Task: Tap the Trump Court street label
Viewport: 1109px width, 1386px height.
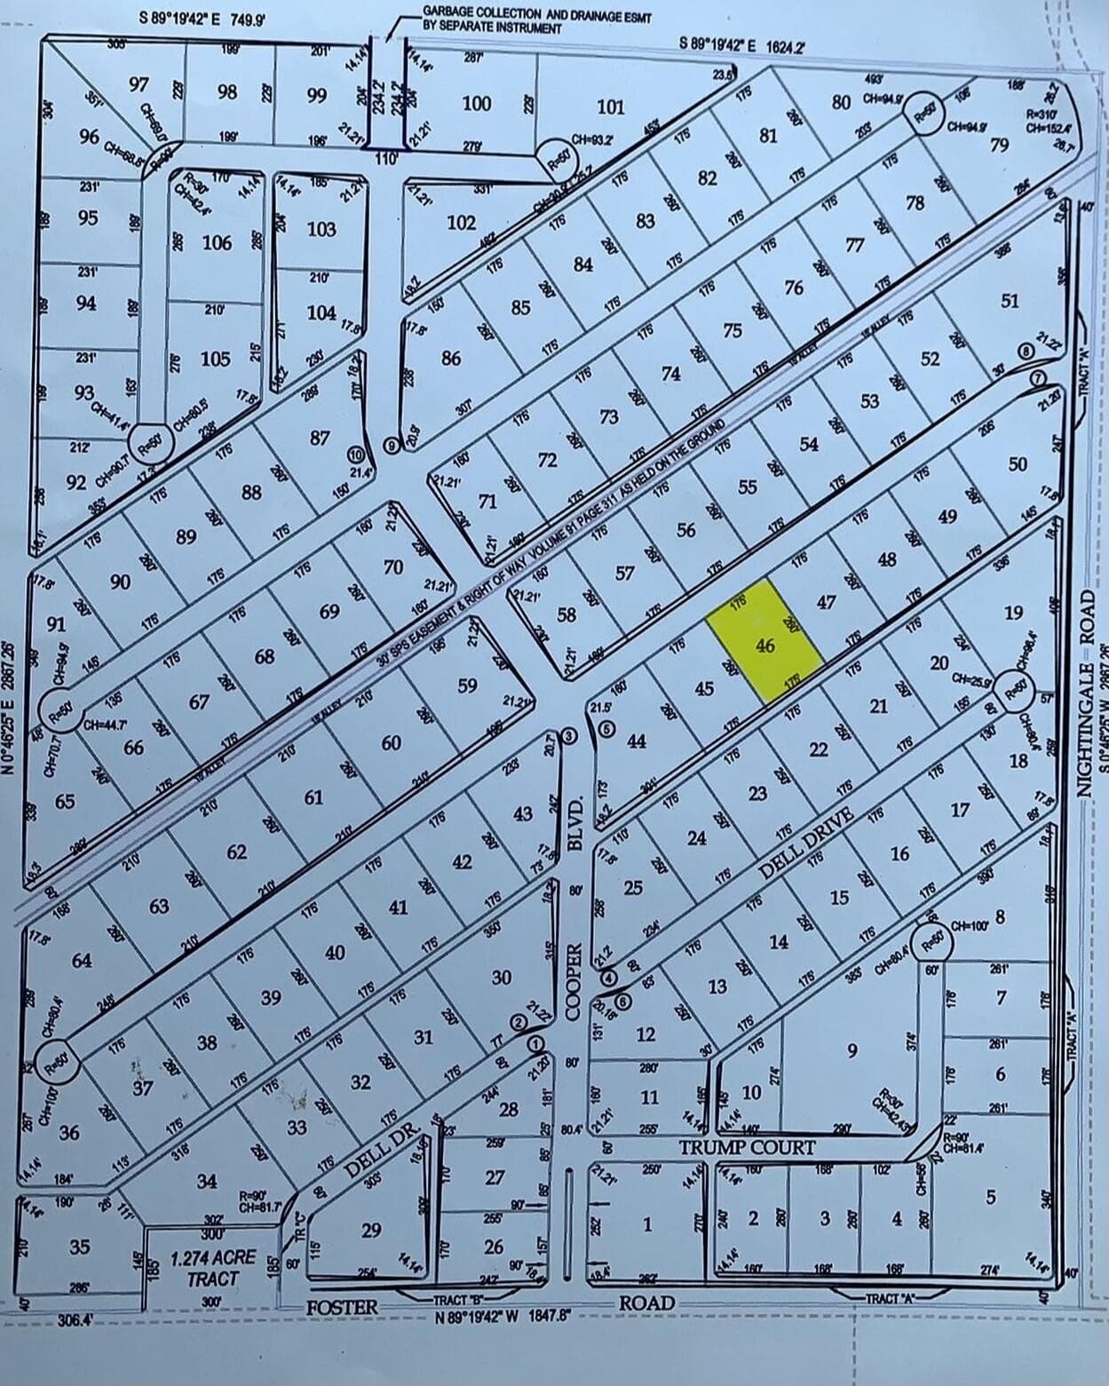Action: (747, 1147)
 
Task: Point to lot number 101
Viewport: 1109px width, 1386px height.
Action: (610, 107)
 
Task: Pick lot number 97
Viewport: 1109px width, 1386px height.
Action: (139, 84)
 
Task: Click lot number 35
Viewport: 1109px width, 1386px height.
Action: (80, 1247)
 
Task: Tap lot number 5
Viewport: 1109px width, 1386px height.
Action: (991, 1196)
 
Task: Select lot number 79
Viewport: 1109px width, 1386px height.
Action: (1000, 145)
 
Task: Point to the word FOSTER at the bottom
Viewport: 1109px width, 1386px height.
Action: (342, 1307)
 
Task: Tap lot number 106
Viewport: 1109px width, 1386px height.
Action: (217, 242)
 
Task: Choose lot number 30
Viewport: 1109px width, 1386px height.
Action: (502, 977)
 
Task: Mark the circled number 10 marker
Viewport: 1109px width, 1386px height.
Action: (356, 455)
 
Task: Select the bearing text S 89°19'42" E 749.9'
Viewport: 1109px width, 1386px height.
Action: (203, 18)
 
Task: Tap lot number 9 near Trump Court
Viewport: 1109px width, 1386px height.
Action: (852, 1051)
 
